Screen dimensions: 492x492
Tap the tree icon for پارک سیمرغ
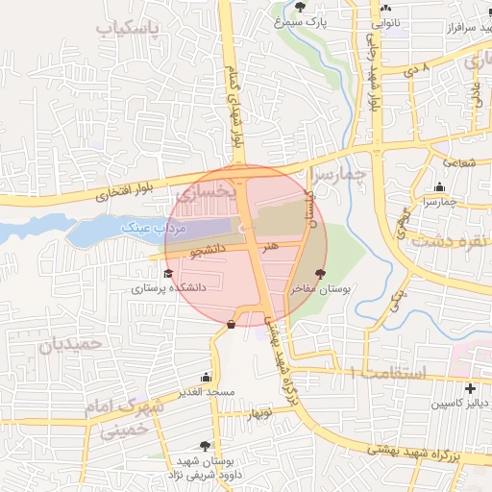301,7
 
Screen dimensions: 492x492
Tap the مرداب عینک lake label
151,229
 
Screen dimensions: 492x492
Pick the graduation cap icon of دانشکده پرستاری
155,274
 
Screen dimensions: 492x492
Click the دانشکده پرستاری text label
176,286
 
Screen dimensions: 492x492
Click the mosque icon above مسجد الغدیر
206,378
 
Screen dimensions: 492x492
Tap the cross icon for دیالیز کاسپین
469,388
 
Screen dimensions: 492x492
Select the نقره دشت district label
445,239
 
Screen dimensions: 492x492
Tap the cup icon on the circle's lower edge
232,324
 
